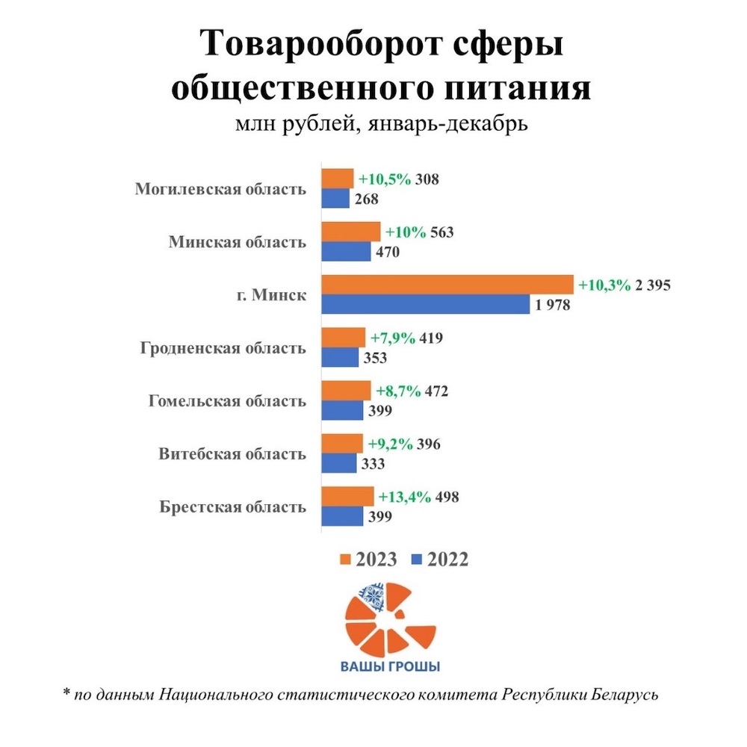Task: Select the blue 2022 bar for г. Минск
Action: point(426,304)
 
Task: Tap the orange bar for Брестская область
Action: point(347,497)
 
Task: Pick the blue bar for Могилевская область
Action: point(335,199)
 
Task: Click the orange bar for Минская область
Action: point(351,232)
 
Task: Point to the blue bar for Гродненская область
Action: point(340,358)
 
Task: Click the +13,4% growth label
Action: point(404,498)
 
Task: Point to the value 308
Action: point(429,180)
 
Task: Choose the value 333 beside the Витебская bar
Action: point(371,465)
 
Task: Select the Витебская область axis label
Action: point(232,454)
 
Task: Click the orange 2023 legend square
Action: point(345,560)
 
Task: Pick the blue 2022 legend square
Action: point(418,560)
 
